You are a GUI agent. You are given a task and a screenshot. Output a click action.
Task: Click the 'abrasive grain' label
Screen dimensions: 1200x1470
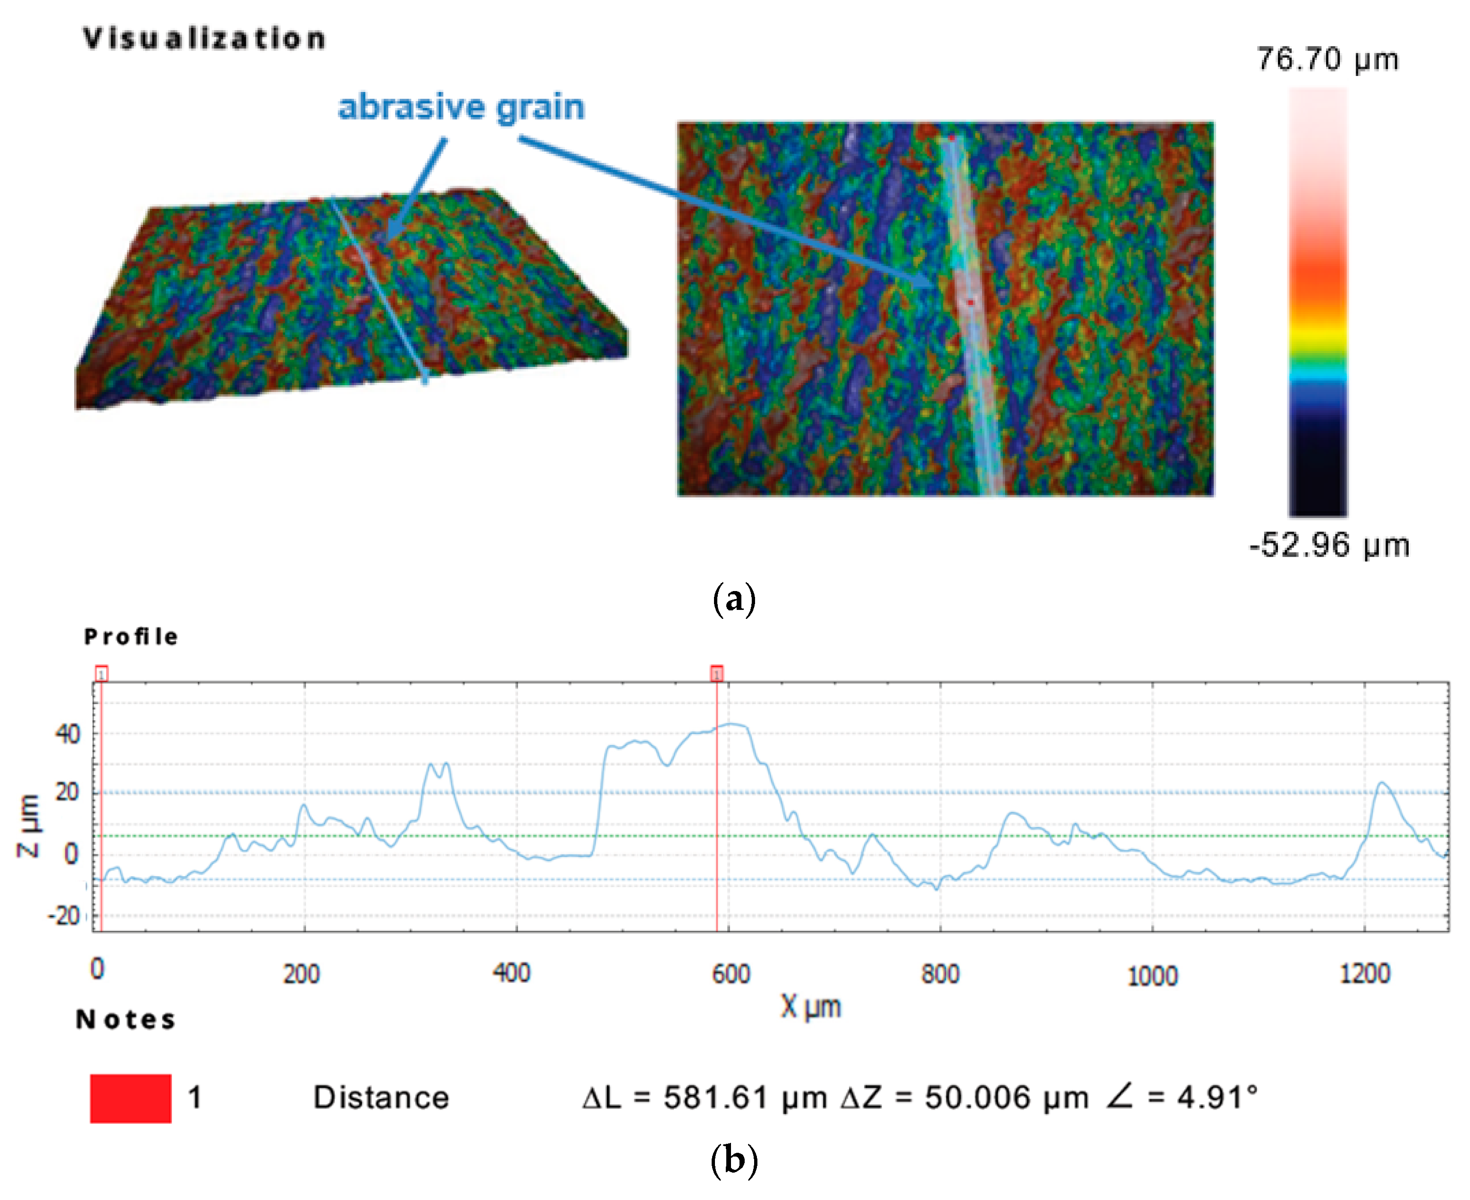[x=461, y=107]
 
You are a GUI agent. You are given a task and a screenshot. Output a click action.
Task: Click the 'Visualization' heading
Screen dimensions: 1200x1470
[x=204, y=39]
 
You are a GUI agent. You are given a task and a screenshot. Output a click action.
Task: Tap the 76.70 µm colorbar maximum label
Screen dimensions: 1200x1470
[x=1327, y=59]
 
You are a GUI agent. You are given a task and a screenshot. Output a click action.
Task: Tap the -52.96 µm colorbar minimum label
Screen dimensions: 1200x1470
[x=1328, y=545]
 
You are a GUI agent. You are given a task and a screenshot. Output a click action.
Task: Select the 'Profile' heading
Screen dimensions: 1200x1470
[x=131, y=637]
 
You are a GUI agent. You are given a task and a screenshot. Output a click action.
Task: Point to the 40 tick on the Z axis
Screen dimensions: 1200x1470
[x=68, y=734]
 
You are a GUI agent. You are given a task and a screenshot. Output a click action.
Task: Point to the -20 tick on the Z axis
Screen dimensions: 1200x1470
[x=64, y=917]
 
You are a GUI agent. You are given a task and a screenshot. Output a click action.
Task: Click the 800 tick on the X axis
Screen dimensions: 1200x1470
[x=940, y=974]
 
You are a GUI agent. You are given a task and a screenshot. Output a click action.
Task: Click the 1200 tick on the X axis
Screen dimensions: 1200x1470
[x=1364, y=974]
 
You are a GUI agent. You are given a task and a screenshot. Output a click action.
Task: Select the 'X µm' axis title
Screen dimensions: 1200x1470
[x=811, y=1007]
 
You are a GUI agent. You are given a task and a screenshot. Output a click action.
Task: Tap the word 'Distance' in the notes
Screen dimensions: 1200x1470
[x=381, y=1098]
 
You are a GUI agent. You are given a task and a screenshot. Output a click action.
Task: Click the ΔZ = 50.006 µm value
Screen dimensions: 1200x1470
[x=965, y=1098]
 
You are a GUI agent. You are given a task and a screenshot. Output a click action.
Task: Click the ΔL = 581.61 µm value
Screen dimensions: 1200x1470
[x=705, y=1098]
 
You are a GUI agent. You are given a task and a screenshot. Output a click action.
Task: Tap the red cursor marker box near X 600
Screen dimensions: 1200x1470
[x=717, y=673]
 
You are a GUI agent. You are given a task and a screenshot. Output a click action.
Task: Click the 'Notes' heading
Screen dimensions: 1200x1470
[x=126, y=1020]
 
